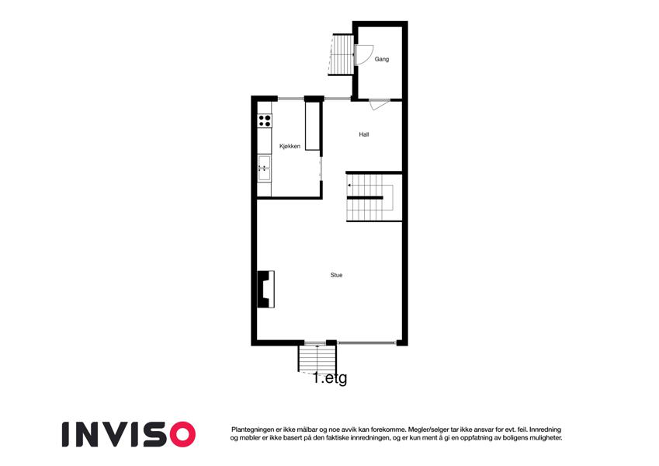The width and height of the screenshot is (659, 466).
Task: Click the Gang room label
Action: (x=382, y=59)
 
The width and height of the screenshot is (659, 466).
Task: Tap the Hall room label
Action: (x=364, y=134)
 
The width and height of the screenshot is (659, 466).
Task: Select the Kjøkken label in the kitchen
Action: (x=290, y=146)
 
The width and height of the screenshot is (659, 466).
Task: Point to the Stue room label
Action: (x=336, y=275)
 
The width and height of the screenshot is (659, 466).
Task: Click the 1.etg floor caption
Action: (x=331, y=378)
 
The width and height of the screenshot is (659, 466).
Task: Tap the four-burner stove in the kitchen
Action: (x=265, y=120)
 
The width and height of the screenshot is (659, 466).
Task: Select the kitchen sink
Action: (x=265, y=169)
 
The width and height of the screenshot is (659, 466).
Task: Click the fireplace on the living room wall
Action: (x=265, y=289)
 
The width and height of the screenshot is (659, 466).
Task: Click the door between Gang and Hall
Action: (x=379, y=104)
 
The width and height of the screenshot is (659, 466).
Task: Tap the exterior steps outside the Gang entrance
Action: (x=342, y=54)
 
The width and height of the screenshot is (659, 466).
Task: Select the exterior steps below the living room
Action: (x=317, y=359)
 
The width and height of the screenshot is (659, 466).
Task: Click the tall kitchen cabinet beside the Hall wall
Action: (x=312, y=125)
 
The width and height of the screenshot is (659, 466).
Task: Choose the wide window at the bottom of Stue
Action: (x=366, y=343)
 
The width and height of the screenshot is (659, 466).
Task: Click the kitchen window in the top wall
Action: (x=291, y=99)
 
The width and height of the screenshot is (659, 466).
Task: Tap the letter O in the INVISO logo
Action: (x=180, y=434)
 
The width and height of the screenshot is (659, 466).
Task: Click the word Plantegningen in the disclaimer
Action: (x=251, y=429)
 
